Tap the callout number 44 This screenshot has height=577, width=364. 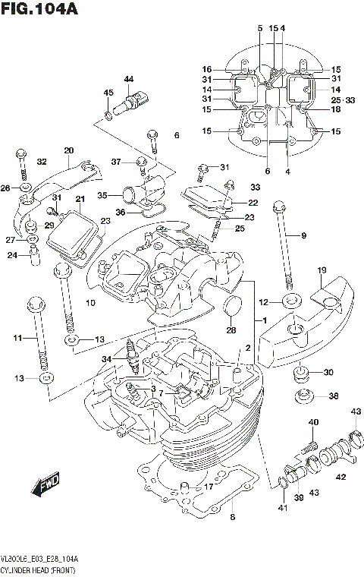pos(128,80)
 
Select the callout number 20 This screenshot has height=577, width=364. pos(69,150)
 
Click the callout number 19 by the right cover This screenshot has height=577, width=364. pos(322,270)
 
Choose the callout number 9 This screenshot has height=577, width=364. pos(303,236)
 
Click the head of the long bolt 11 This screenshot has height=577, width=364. pos(34,303)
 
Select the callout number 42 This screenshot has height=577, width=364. pos(340,476)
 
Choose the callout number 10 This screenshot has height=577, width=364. pos(90,304)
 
